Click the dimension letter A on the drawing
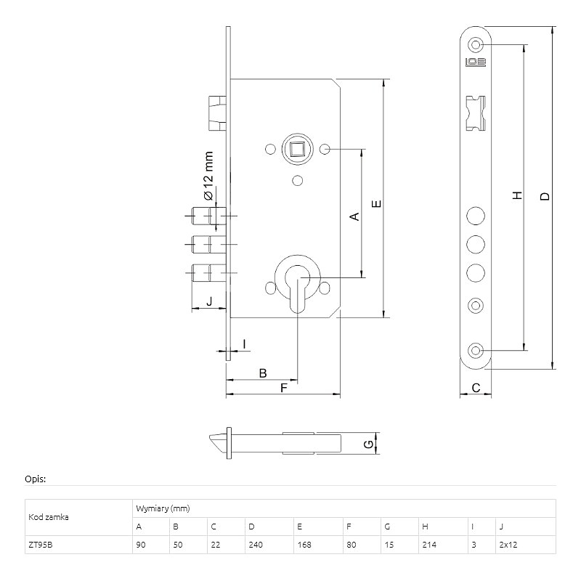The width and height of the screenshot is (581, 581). [355, 216]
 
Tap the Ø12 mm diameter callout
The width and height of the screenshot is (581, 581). [208, 176]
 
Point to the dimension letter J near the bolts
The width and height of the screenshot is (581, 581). [209, 301]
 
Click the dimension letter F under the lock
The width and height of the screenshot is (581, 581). [284, 389]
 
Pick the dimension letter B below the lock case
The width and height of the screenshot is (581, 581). [264, 373]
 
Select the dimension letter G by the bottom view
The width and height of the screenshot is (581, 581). [367, 443]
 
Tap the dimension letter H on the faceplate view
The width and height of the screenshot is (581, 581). [517, 196]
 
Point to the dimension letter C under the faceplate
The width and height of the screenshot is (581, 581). [476, 389]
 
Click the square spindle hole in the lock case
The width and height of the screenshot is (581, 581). [297, 150]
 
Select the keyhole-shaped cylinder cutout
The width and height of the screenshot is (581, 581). [296, 287]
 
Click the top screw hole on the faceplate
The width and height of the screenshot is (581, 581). [476, 42]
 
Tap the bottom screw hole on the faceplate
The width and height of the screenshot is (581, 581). [476, 351]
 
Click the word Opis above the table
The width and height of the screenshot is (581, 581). [36, 479]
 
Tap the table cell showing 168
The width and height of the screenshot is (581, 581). [301, 545]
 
